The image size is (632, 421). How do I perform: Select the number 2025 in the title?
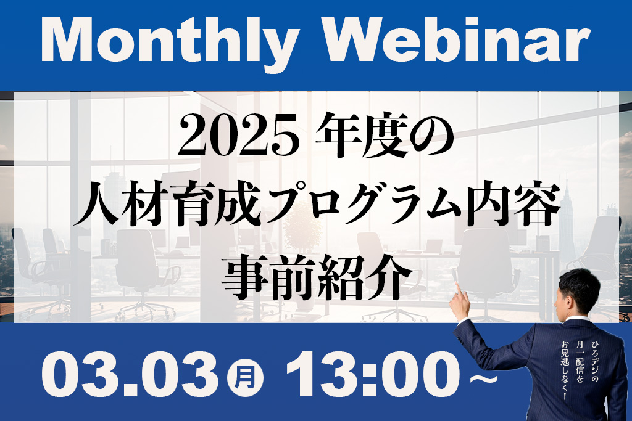pos(238,137)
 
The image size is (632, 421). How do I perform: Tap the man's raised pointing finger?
pos(459,290)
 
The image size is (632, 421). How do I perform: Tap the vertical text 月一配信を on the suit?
pos(580,361)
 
